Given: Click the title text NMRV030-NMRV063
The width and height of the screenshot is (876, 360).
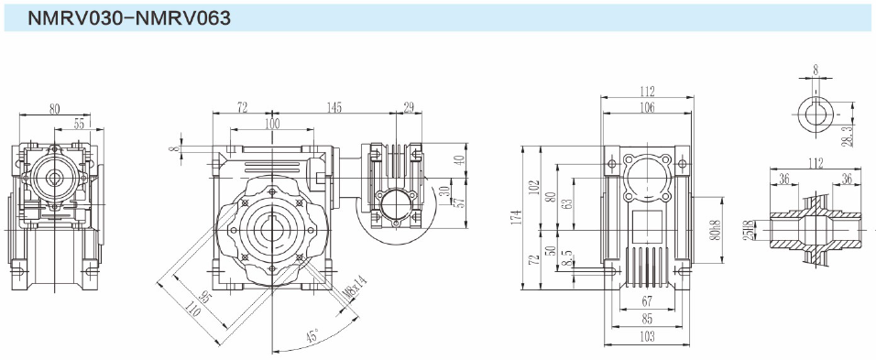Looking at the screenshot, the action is [x=129, y=18].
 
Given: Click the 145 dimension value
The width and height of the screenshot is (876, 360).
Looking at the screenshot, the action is [x=334, y=107].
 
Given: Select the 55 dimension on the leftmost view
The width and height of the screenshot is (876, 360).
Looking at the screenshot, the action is [x=80, y=124].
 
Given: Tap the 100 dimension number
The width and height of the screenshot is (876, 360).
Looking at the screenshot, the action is [x=272, y=124].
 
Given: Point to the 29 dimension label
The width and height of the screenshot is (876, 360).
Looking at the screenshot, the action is [x=409, y=107].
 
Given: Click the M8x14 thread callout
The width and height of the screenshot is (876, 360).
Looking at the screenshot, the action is [x=353, y=290].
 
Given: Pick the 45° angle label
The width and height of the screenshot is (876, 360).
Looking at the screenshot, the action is [x=312, y=335].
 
